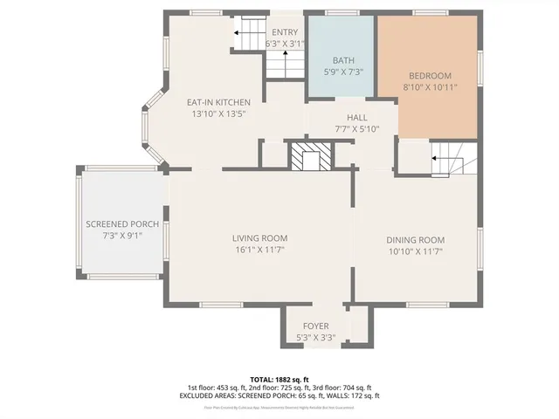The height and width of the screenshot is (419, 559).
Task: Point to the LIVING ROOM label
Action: tap(259, 238)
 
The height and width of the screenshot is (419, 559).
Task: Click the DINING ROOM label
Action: tap(416, 240)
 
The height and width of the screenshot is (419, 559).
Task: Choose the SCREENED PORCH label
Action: tap(121, 224)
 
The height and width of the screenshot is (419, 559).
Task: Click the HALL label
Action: tap(356, 118)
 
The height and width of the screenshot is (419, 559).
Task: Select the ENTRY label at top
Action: tap(285, 32)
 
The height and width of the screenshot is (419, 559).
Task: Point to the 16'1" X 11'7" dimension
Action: tap(259, 250)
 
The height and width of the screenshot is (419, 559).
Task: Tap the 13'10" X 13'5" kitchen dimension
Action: tap(218, 113)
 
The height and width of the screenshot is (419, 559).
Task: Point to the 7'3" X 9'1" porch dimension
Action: tap(121, 235)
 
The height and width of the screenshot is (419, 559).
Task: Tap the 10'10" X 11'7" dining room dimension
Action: tap(416, 251)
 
